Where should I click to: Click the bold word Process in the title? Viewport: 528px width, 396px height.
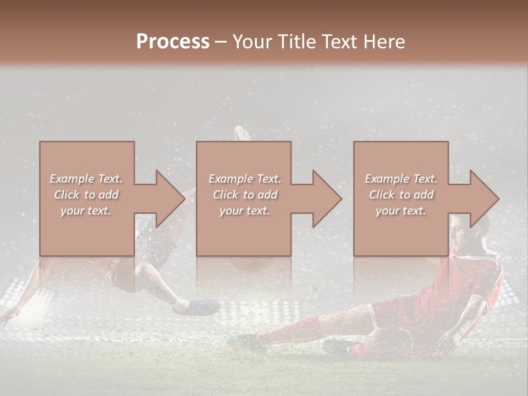tap(173, 42)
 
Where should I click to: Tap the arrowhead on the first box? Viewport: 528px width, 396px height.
tap(170, 199)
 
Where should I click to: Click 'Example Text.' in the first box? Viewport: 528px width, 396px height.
tap(86, 179)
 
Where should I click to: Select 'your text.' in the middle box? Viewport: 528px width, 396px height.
tap(244, 211)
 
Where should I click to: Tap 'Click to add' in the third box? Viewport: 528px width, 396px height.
tap(401, 195)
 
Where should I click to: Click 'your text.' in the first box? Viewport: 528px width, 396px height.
tap(86, 211)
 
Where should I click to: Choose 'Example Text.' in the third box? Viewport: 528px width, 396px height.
tap(401, 179)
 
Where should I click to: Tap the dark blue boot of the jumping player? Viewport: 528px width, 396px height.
tap(198, 306)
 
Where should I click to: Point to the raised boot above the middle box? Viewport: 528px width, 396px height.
tap(242, 134)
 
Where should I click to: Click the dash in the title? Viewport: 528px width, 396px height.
tap(221, 42)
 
